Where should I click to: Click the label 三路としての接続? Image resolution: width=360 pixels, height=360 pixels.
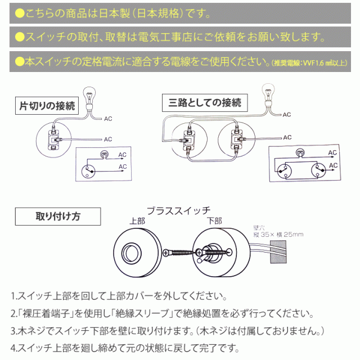pyautogui.click(x=204, y=102)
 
